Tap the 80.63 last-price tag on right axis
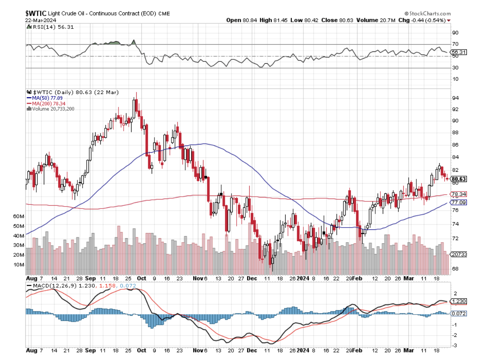point(459,179)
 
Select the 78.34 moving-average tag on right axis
point(459,195)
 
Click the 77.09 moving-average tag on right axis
point(459,202)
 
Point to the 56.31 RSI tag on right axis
point(459,52)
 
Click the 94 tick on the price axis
point(455,98)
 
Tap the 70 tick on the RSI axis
point(455,44)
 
